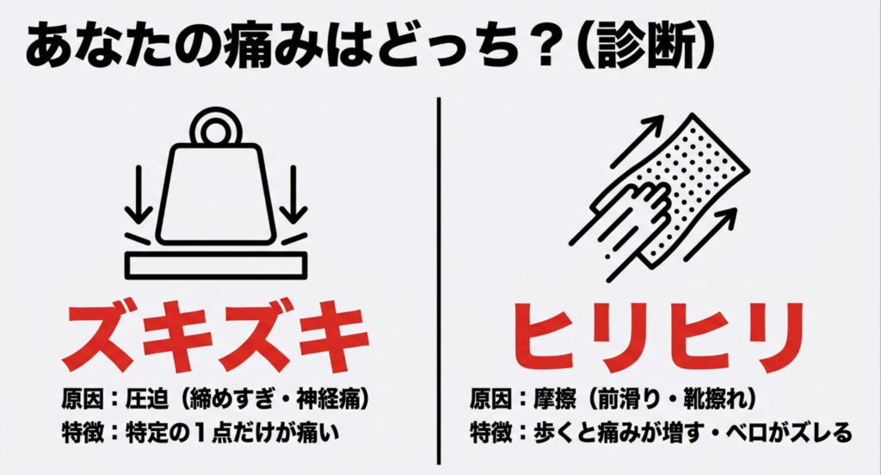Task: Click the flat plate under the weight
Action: coord(214,264)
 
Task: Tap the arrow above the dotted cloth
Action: coord(642,137)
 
